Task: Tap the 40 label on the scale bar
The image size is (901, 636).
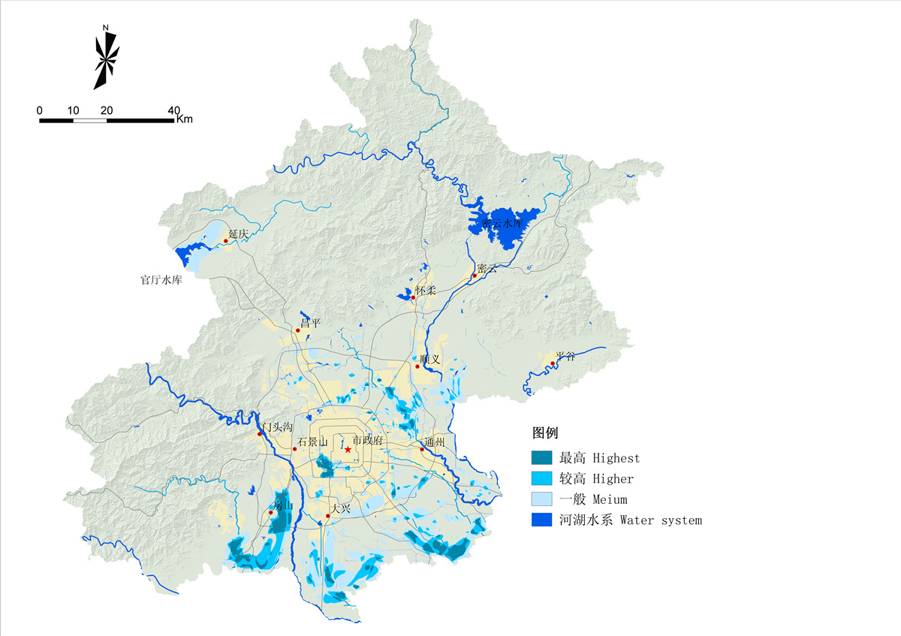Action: [174, 110]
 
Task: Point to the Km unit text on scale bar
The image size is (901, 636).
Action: [185, 119]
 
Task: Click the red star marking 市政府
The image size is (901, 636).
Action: [348, 449]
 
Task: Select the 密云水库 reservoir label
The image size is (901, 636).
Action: [502, 223]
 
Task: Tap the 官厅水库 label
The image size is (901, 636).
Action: [161, 280]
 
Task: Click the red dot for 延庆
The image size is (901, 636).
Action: [225, 241]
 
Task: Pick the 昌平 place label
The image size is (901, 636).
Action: [311, 323]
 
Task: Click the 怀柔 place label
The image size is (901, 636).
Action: [425, 290]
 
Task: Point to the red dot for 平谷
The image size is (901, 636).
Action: [553, 364]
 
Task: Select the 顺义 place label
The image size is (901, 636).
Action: [430, 359]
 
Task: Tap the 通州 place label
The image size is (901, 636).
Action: [435, 442]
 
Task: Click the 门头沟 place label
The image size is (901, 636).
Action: [276, 427]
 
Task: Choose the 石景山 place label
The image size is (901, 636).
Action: [312, 442]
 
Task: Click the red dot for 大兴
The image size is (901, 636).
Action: [328, 516]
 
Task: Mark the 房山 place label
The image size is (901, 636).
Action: [282, 505]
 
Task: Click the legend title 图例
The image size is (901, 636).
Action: [544, 433]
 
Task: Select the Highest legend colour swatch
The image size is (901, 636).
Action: [541, 457]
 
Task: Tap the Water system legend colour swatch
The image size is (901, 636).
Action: [541, 520]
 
